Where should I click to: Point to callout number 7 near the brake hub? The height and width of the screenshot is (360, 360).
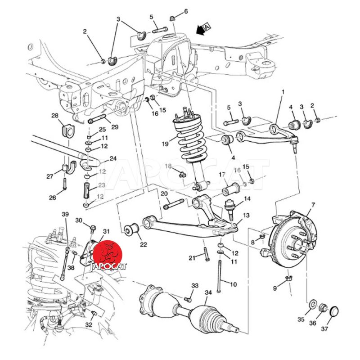[313, 205]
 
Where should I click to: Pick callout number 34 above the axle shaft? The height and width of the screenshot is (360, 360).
[207, 293]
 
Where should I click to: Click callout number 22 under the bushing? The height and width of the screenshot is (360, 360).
[143, 244]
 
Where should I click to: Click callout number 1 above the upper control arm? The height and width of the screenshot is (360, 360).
[283, 92]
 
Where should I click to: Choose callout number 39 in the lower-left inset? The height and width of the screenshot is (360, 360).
[65, 215]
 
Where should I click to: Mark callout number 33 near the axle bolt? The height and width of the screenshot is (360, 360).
[195, 286]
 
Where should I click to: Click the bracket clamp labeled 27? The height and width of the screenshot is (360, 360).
[67, 167]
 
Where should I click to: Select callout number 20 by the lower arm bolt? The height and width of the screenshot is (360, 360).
[164, 193]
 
